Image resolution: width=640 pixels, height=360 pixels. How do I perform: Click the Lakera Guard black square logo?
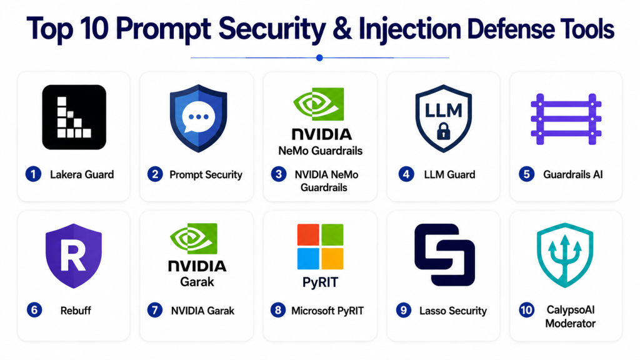pyautogui.click(x=74, y=117)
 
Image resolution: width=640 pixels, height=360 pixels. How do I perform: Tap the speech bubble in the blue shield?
pyautogui.click(x=198, y=117)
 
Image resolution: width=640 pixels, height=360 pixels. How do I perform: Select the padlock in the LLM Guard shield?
pyautogui.click(x=443, y=131)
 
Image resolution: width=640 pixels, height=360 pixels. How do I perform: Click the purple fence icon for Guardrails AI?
pyautogui.click(x=566, y=119)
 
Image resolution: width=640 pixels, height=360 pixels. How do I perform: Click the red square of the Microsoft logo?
pyautogui.click(x=308, y=235)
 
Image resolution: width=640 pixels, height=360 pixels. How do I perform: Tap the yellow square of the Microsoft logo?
pyautogui.click(x=332, y=259)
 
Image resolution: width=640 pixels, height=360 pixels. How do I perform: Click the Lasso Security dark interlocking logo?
pyautogui.click(x=444, y=254)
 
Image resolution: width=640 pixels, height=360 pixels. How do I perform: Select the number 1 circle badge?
pyautogui.click(x=34, y=174)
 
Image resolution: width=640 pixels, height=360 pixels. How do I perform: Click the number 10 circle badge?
pyautogui.click(x=526, y=310)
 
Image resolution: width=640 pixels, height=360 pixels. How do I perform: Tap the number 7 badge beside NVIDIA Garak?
pyautogui.click(x=155, y=310)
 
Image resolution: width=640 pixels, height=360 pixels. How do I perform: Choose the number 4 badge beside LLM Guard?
pyautogui.click(x=406, y=174)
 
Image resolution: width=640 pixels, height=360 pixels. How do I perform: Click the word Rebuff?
pyautogui.click(x=76, y=311)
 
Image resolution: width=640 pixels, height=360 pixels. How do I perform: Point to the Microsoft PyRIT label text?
pyautogui.click(x=327, y=311)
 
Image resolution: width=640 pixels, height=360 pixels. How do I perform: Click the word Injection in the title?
pyautogui.click(x=410, y=29)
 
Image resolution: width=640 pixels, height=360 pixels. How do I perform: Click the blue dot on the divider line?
pyautogui.click(x=319, y=58)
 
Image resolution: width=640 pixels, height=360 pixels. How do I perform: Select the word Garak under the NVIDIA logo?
pyautogui.click(x=197, y=282)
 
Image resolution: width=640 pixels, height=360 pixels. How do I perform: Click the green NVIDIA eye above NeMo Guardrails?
pyautogui.click(x=319, y=104)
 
